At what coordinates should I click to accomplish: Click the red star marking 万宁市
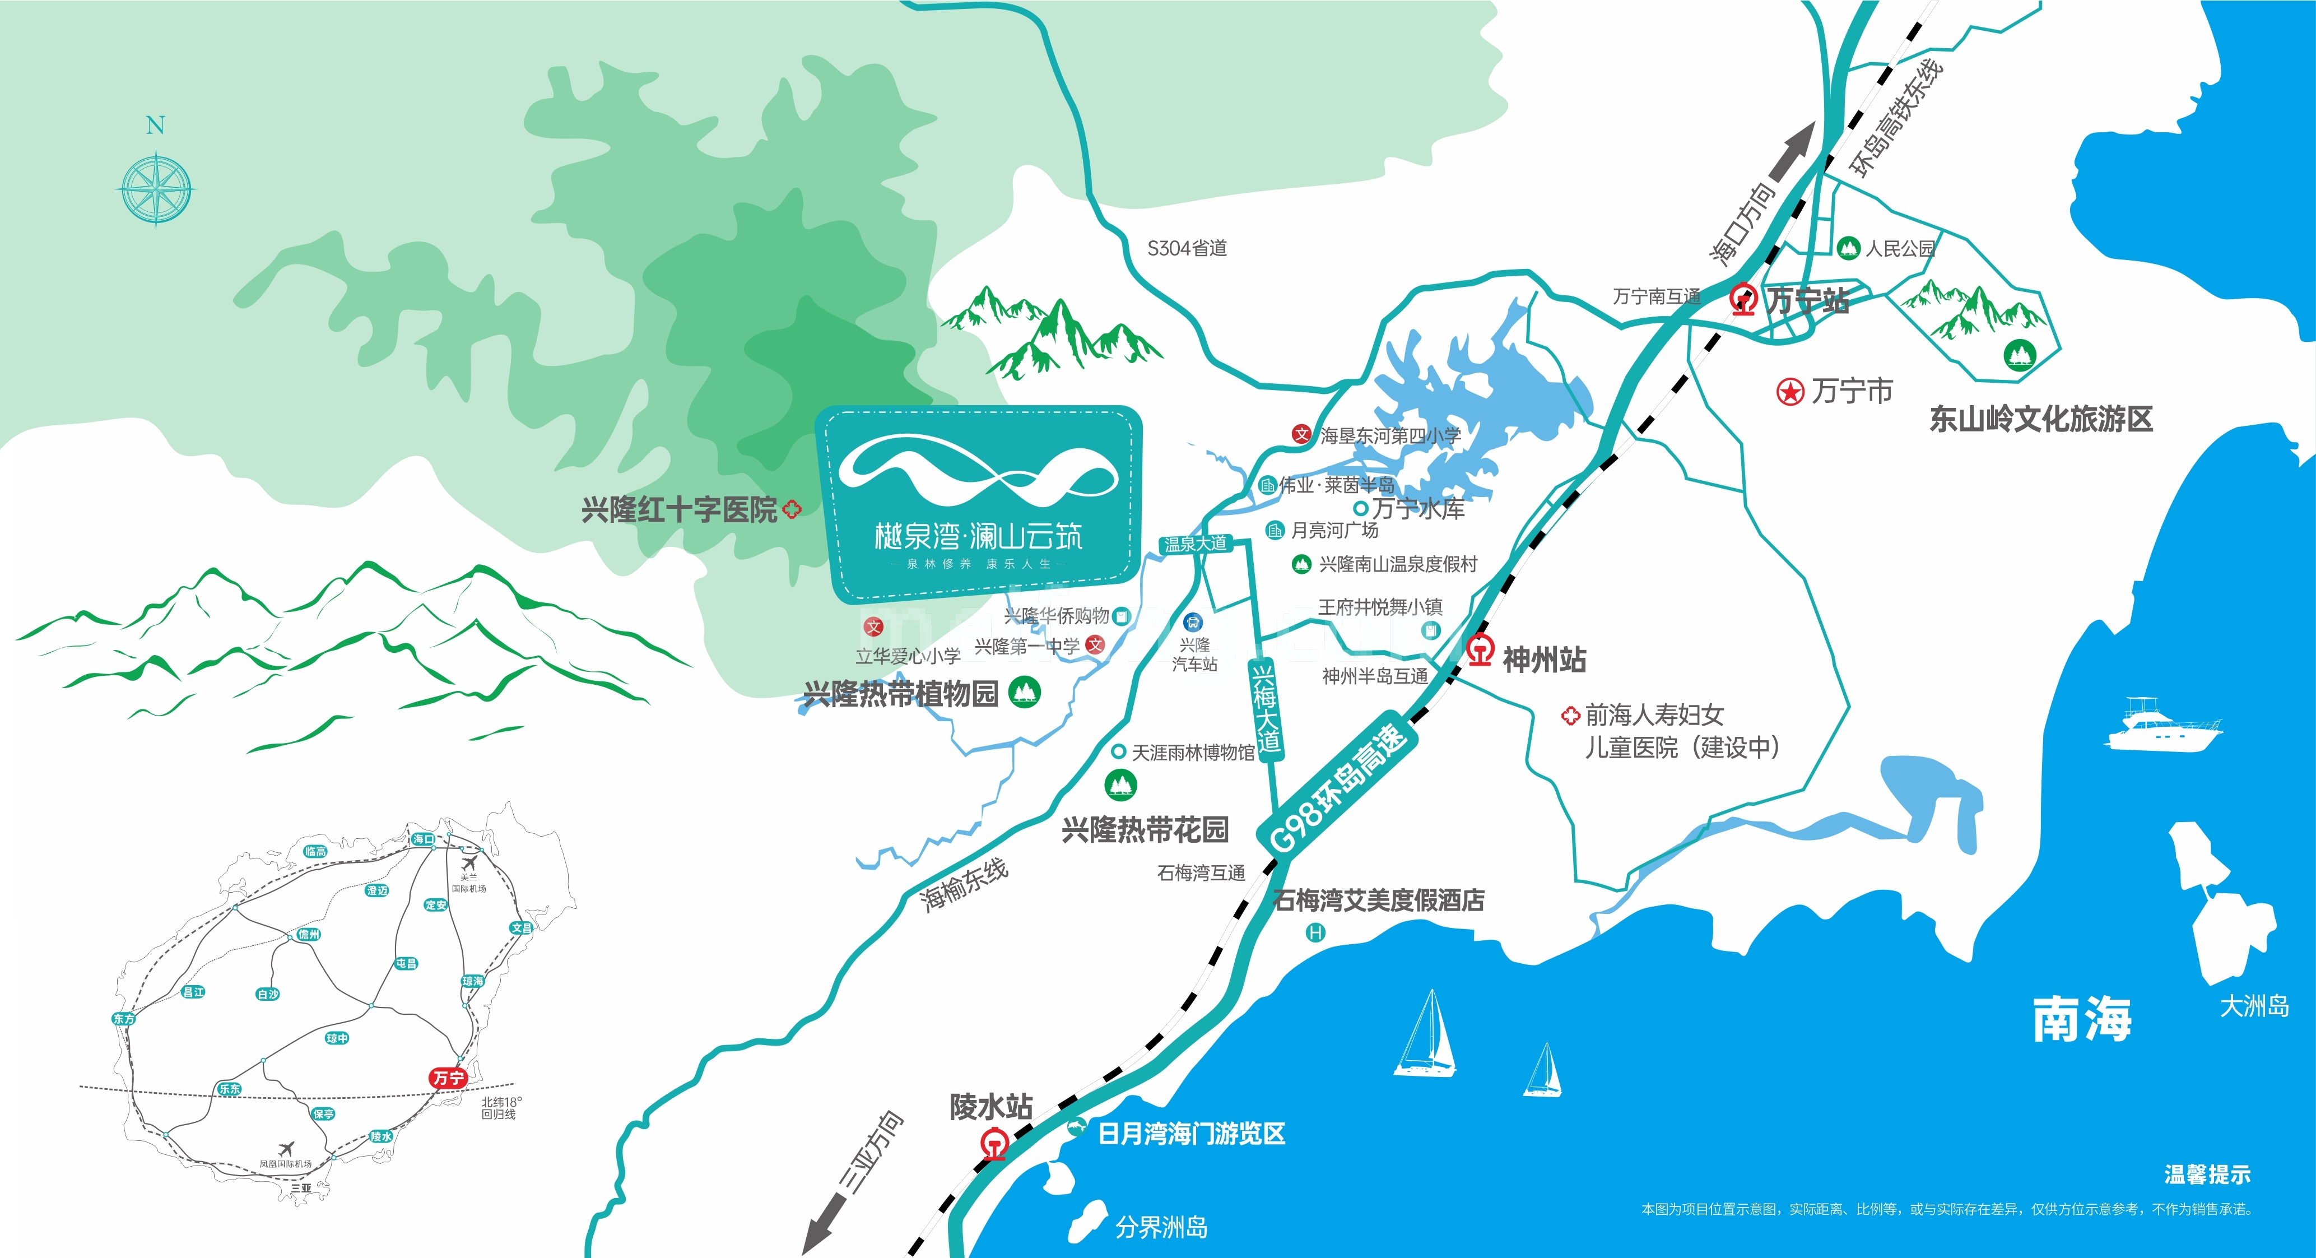pyautogui.click(x=1790, y=392)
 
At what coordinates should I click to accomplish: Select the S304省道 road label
pyautogui.click(x=1187, y=248)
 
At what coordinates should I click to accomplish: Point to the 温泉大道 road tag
pyautogui.click(x=1195, y=544)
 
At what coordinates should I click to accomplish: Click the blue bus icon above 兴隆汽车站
pyautogui.click(x=1193, y=622)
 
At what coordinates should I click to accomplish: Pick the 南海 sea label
pyautogui.click(x=2082, y=1019)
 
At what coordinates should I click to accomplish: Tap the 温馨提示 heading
pyautogui.click(x=2207, y=1175)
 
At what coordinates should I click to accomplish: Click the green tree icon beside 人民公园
pyautogui.click(x=1848, y=247)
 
